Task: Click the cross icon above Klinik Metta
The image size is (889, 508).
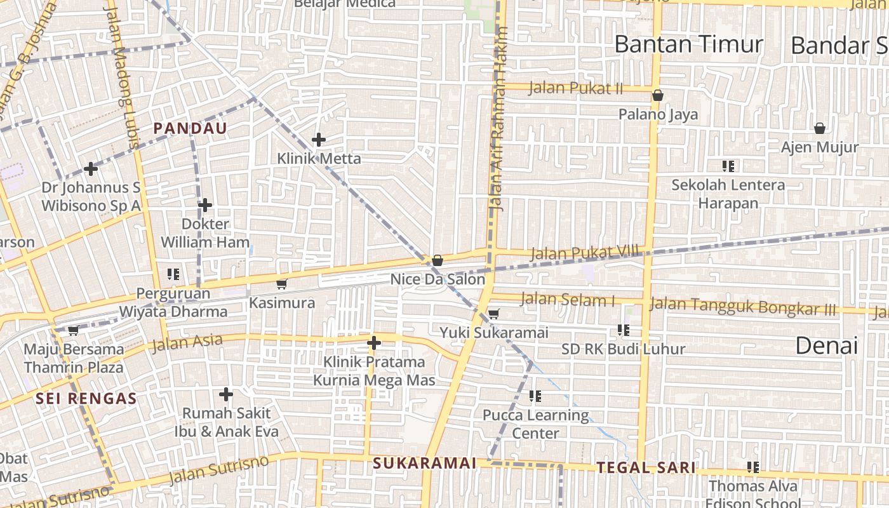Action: click(x=319, y=140)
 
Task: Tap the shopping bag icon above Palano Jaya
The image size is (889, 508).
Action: click(x=658, y=96)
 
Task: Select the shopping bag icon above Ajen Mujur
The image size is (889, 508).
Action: click(x=820, y=128)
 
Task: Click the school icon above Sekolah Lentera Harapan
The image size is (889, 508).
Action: click(x=728, y=166)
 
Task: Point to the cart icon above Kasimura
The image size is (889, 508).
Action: click(x=282, y=284)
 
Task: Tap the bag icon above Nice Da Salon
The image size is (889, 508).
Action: click(x=438, y=260)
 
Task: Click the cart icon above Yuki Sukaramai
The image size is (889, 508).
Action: click(x=493, y=313)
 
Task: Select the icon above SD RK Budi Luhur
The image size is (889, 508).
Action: click(x=624, y=330)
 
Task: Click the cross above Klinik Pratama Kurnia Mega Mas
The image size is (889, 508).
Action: click(x=374, y=343)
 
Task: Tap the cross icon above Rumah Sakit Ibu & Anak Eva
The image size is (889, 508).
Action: click(x=226, y=394)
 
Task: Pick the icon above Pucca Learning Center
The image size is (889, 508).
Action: click(x=535, y=396)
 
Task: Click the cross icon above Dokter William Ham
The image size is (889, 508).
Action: click(x=204, y=205)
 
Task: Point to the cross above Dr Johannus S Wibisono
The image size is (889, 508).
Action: click(x=91, y=169)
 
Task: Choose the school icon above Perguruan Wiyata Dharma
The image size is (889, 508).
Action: click(x=173, y=274)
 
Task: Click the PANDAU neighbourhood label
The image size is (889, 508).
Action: click(x=190, y=128)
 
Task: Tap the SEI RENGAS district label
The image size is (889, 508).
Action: click(x=86, y=399)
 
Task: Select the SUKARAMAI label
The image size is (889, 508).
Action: click(x=424, y=463)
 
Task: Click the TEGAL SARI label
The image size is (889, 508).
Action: click(x=646, y=468)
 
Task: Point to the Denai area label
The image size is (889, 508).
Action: click(x=826, y=345)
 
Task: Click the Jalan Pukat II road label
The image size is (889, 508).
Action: click(x=575, y=88)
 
